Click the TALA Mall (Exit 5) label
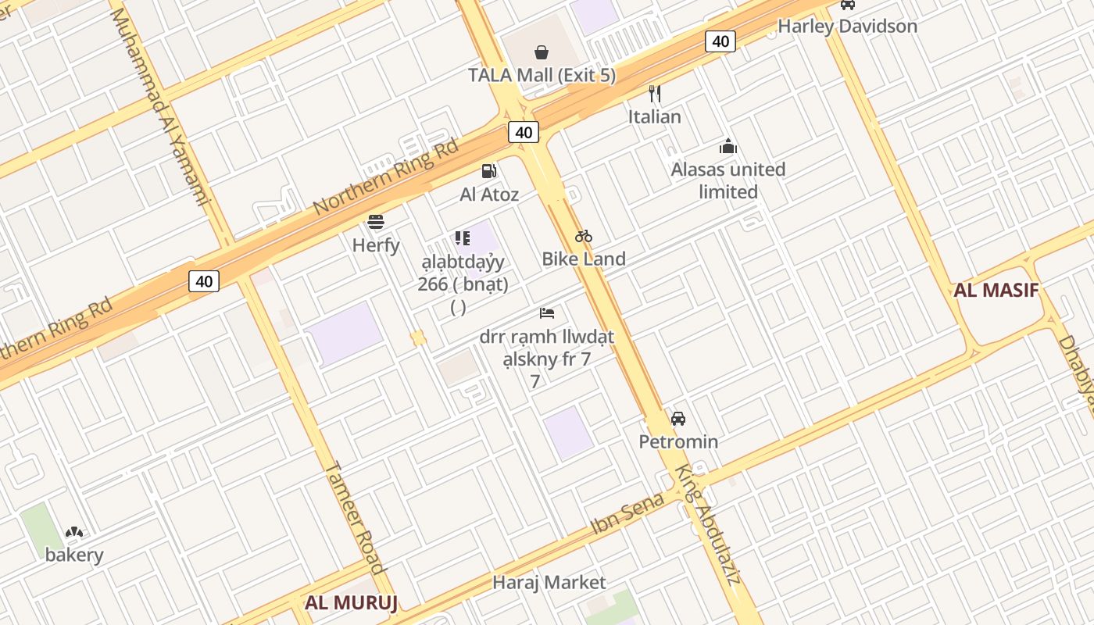tap(542, 75)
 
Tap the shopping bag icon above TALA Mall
tap(542, 52)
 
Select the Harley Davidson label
tap(847, 26)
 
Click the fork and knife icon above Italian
tap(655, 94)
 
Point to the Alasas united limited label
tap(728, 180)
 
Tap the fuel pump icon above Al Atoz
tap(489, 170)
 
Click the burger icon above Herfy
tap(376, 222)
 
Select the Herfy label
tap(376, 245)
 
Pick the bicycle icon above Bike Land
tap(584, 236)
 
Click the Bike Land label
tap(584, 259)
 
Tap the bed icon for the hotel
tap(547, 313)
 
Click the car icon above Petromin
tap(678, 419)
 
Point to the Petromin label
tap(678, 441)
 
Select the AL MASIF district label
tap(996, 291)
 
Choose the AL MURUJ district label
tap(352, 602)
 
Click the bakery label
tap(74, 555)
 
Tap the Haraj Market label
tap(549, 582)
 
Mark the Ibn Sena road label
tap(627, 512)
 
